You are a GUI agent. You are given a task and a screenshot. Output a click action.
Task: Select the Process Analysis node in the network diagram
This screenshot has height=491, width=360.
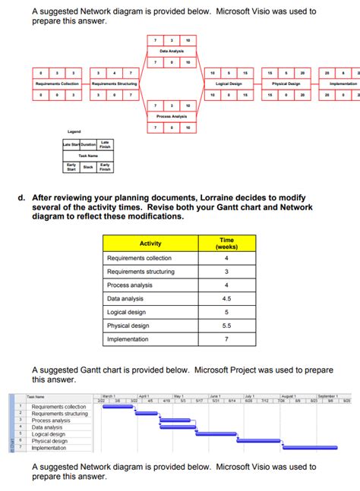click(x=172, y=116)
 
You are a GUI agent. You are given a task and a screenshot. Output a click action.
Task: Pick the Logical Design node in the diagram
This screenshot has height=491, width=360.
click(x=228, y=83)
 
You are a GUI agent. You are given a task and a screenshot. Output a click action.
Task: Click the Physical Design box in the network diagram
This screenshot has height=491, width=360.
click(x=286, y=83)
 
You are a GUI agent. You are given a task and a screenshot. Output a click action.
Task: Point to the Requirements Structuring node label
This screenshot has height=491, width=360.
click(x=114, y=83)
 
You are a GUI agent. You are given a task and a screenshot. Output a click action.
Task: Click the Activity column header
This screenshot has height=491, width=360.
click(x=150, y=243)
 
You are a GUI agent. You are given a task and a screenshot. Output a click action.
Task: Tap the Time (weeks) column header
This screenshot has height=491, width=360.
click(x=226, y=243)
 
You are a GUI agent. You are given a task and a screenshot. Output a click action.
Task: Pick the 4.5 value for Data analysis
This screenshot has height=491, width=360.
click(x=226, y=299)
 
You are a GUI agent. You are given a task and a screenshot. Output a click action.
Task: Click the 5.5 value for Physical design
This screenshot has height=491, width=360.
click(x=226, y=326)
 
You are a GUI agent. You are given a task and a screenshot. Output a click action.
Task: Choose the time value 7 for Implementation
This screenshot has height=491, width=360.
click(x=226, y=339)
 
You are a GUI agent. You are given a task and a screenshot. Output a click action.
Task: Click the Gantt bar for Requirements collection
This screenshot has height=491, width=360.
click(x=118, y=406)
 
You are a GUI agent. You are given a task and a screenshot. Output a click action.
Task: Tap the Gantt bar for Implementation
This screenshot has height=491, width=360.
click(x=320, y=448)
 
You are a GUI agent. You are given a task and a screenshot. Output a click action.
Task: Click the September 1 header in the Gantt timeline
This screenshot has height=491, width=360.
click(x=329, y=396)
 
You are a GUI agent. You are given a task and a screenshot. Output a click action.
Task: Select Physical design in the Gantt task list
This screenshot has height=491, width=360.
click(x=49, y=441)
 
